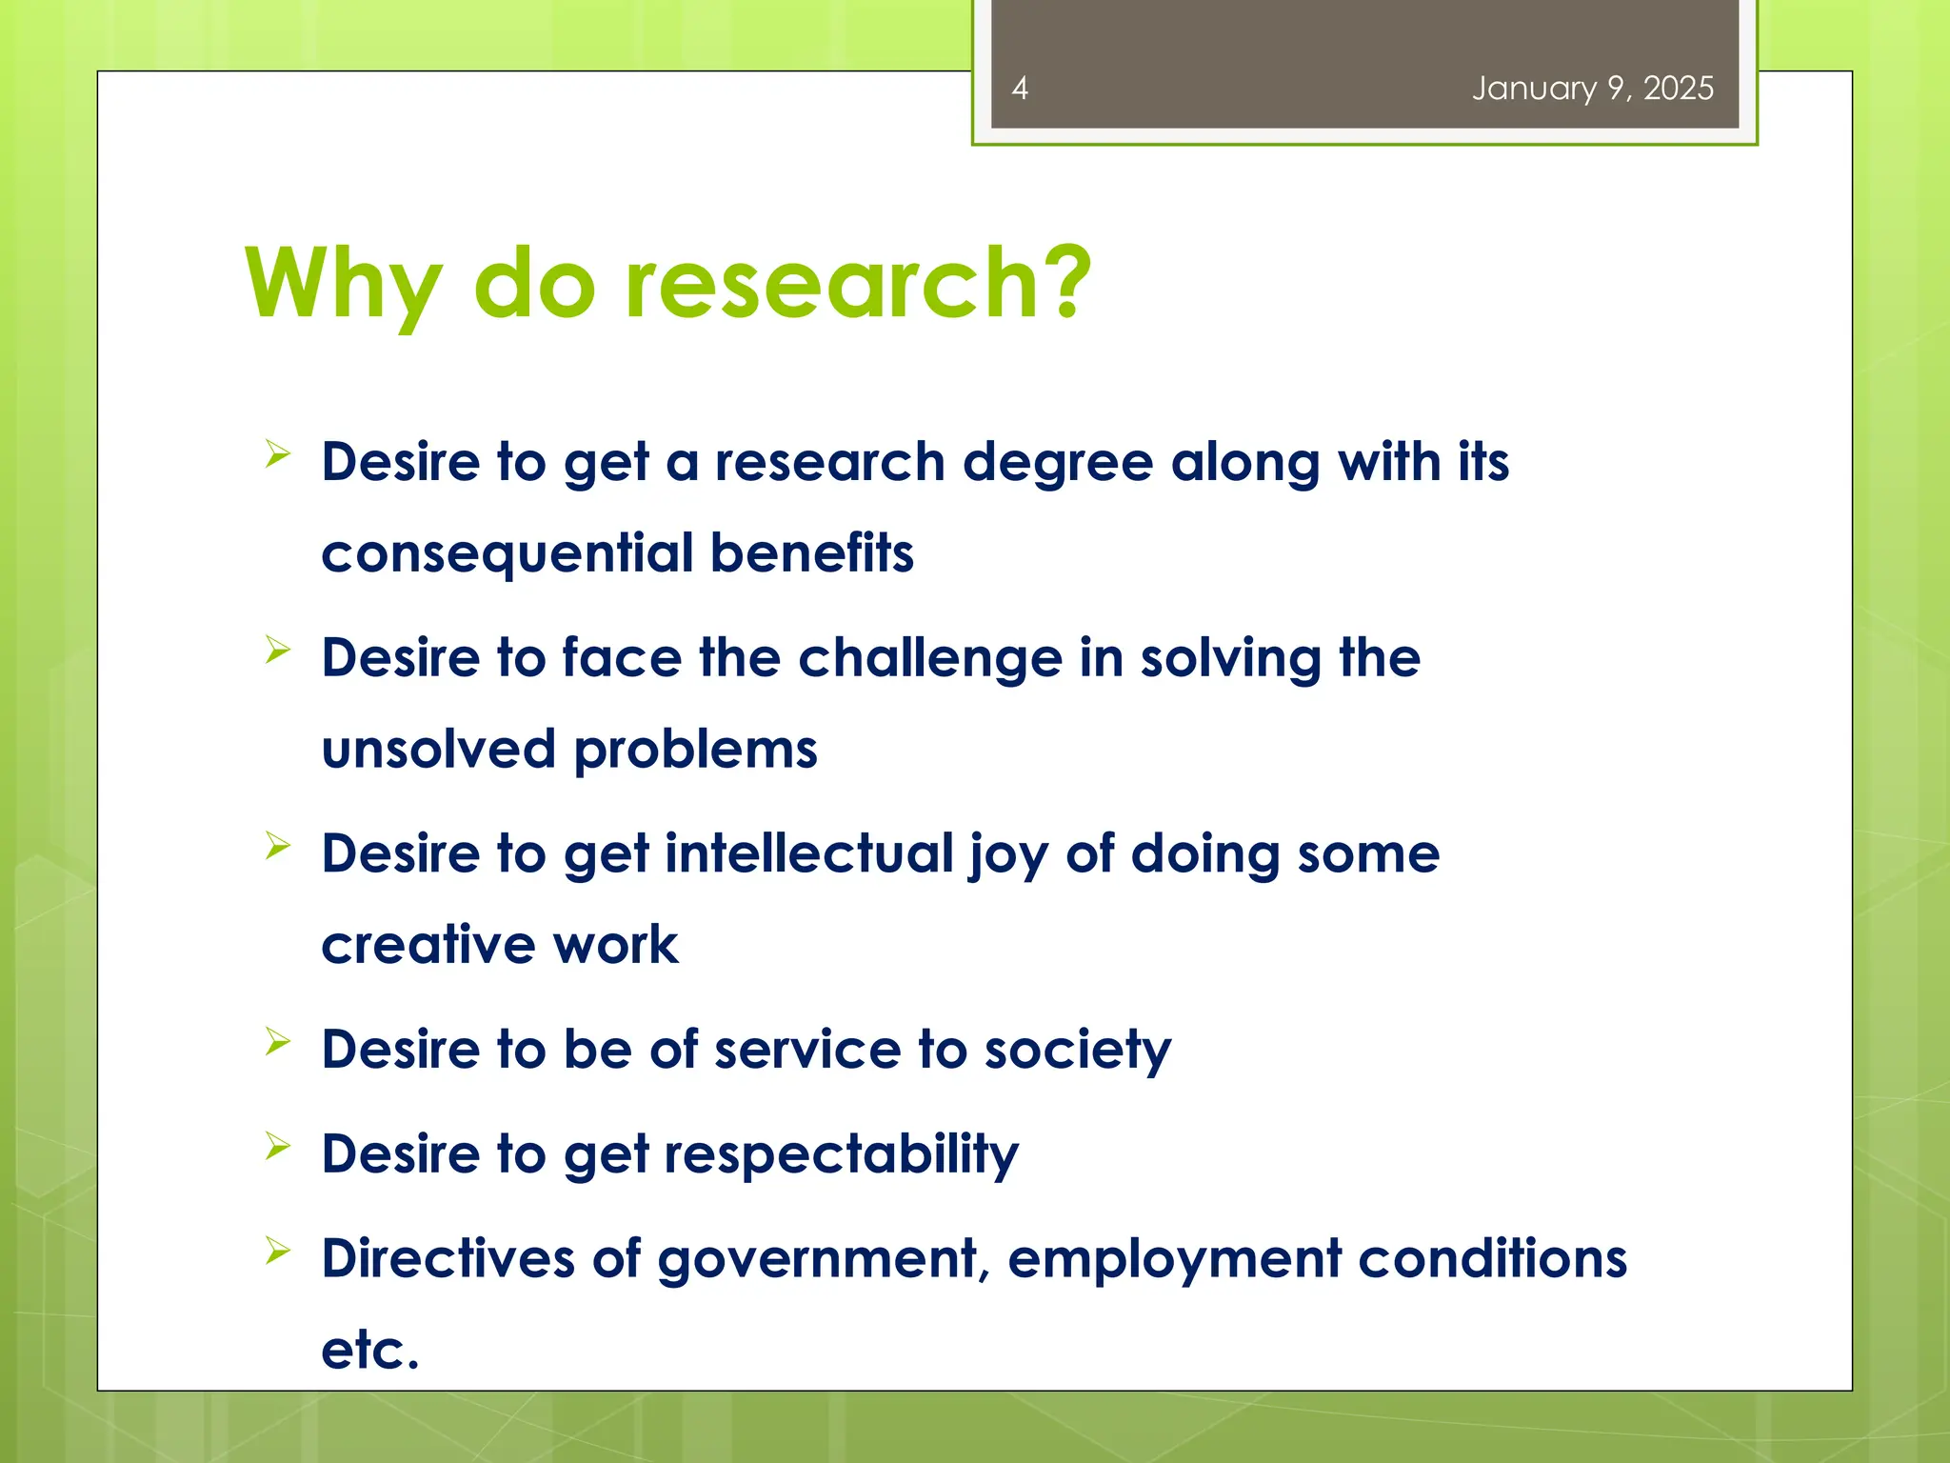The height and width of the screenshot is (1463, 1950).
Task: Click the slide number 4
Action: (1020, 89)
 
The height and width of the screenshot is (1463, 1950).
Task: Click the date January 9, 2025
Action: (1592, 89)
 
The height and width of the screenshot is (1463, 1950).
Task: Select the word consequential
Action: (507, 554)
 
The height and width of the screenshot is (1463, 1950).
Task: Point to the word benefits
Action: (811, 552)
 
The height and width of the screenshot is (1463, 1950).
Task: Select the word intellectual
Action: (808, 852)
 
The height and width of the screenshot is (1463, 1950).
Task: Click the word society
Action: (1077, 1051)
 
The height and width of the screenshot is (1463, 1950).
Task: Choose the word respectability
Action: (841, 1155)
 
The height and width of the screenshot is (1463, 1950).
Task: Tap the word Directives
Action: (448, 1258)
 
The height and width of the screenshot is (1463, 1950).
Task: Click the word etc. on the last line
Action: (369, 1350)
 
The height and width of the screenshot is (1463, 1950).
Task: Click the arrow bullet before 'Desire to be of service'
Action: (277, 1041)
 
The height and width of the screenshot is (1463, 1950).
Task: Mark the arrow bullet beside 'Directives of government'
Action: (277, 1250)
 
